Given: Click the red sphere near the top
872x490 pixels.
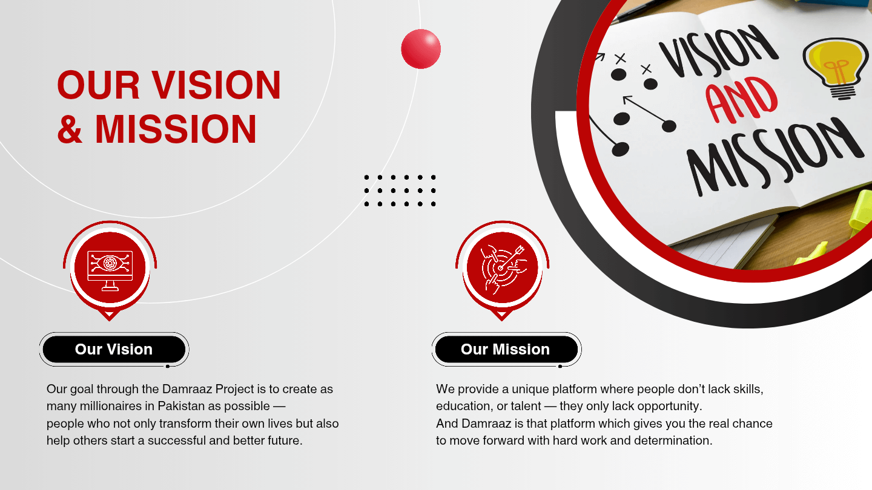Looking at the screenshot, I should (x=421, y=48).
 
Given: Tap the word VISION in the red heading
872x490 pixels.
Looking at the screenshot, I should (x=216, y=85).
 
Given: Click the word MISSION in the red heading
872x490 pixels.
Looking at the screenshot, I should (x=176, y=129).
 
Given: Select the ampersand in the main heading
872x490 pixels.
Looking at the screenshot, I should (x=70, y=129).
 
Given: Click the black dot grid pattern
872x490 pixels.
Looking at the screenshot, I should (x=400, y=191).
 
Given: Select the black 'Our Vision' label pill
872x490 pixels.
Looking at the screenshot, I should (x=114, y=350).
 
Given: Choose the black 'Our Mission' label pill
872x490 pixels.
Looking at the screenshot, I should (x=506, y=350).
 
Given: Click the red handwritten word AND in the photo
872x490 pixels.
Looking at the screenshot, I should (x=742, y=103).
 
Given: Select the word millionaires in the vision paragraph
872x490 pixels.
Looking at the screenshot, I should (x=102, y=406).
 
